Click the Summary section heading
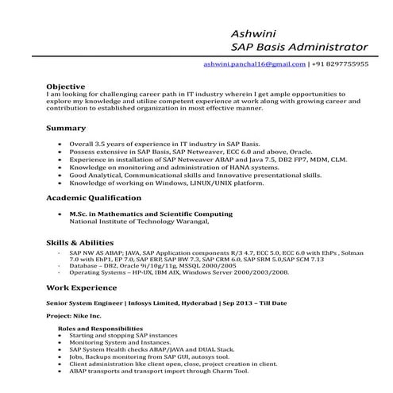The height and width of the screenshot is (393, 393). [66, 128]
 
